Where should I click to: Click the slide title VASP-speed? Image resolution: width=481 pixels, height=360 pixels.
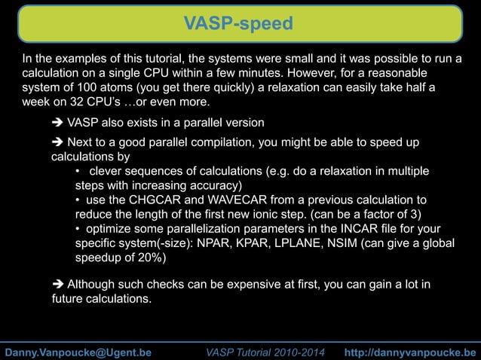point(240,24)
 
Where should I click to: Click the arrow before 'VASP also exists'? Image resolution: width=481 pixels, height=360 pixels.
point(57,123)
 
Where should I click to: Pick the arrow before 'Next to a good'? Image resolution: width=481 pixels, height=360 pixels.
point(57,144)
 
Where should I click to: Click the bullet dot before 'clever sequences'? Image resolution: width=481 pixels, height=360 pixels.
point(78,172)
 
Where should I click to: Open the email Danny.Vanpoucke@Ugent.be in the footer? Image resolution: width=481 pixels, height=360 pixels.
point(78,352)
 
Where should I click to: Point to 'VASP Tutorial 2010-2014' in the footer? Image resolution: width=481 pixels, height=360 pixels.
point(267,352)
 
